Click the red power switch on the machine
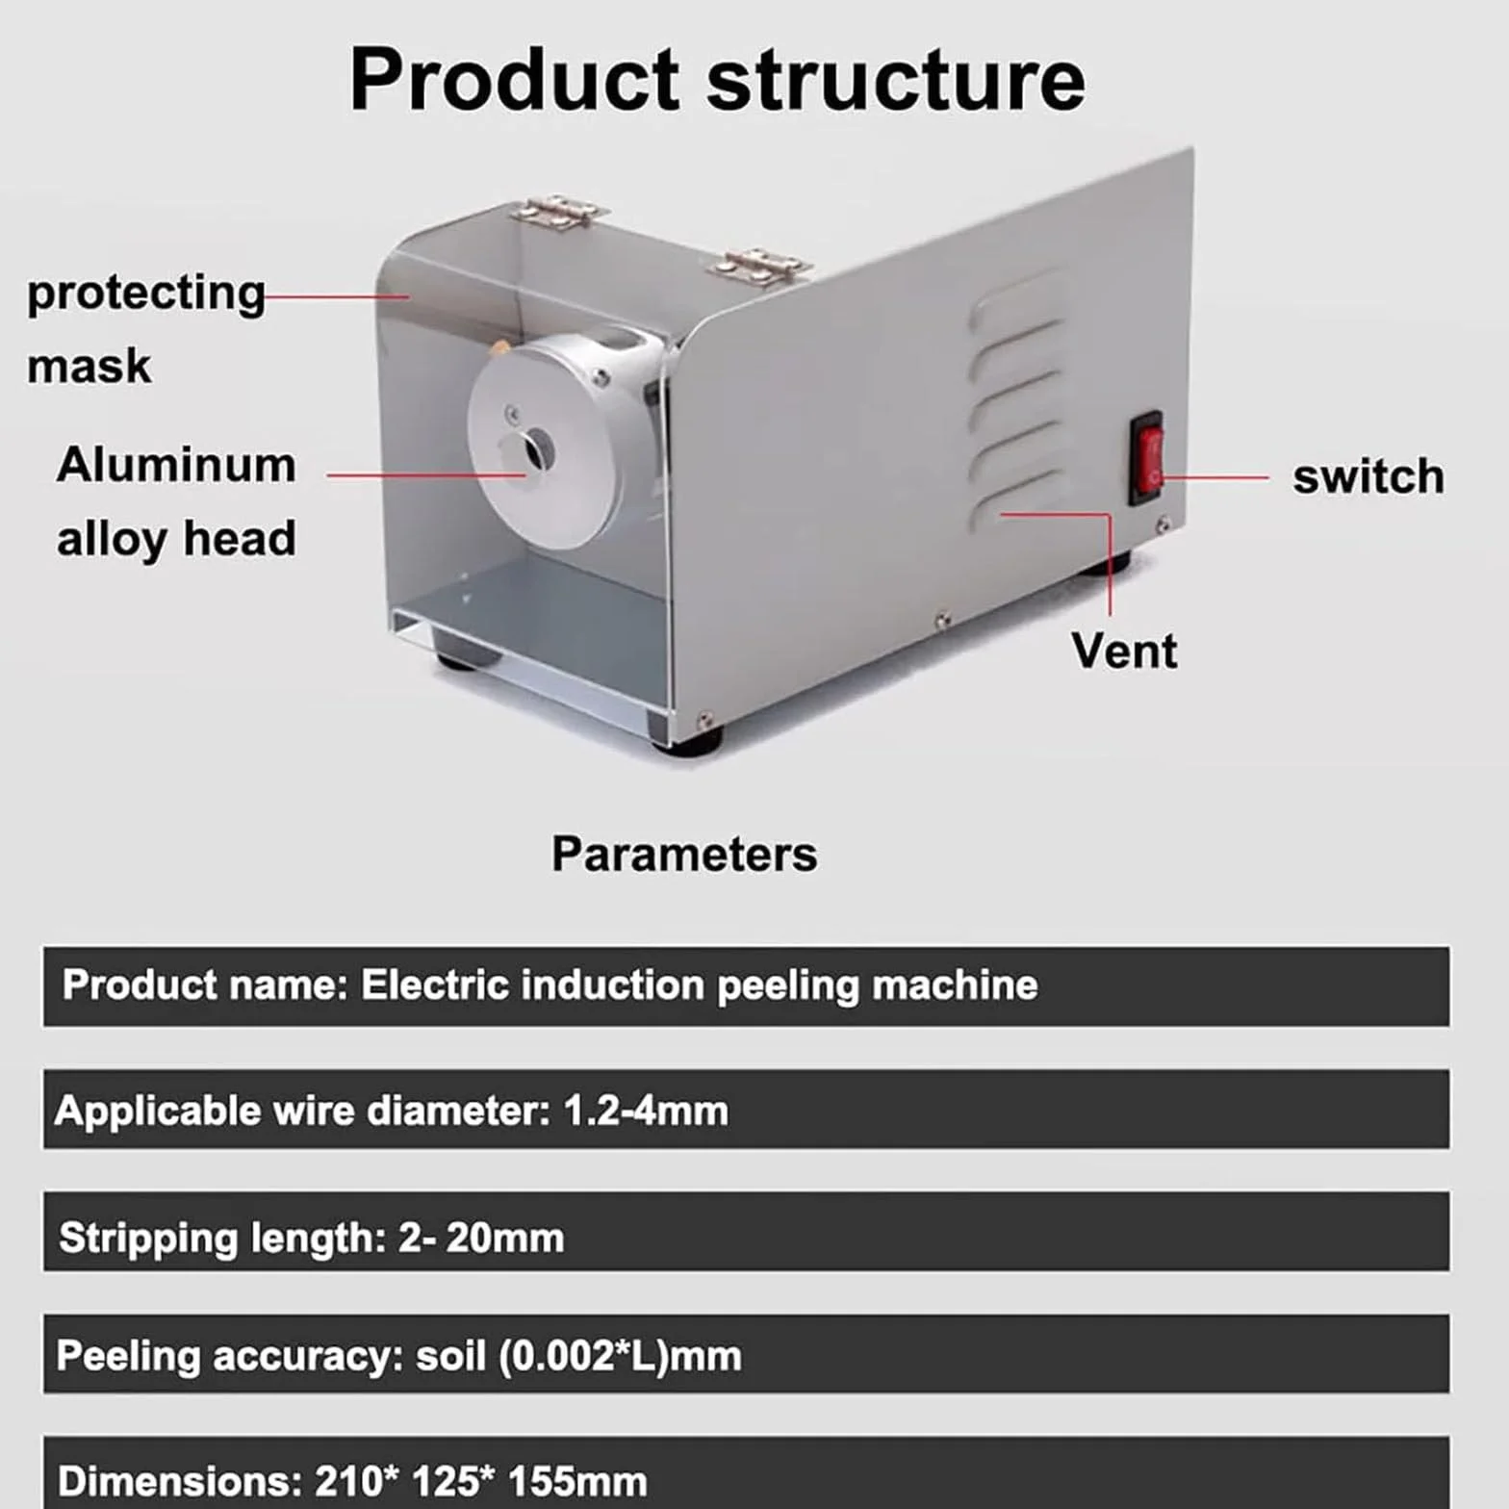pos(1147,457)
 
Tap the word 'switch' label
pos(1368,476)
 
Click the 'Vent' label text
pos(1124,651)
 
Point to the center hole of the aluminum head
pos(536,448)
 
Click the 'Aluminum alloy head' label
pos(176,501)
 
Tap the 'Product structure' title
pos(717,79)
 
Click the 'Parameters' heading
pos(684,854)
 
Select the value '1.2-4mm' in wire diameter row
pos(646,1111)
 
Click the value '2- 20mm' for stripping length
pos(481,1238)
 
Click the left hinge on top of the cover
pos(558,211)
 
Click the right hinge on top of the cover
pos(758,263)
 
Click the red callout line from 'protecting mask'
pos(337,296)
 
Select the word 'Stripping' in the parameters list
pos(148,1239)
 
